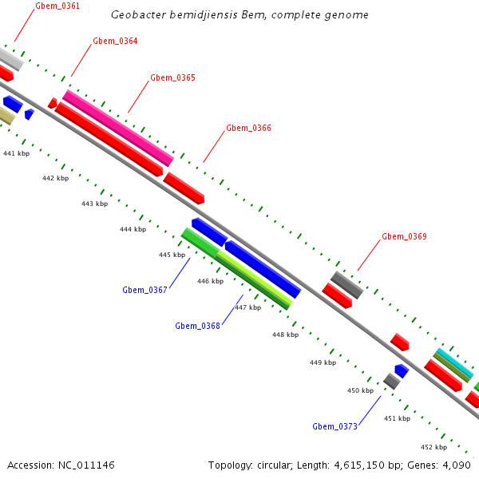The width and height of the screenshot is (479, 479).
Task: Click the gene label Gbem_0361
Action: pos(57,6)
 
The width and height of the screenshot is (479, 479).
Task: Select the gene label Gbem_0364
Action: pos(115,41)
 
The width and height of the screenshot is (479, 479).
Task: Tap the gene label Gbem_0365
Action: pos(172,77)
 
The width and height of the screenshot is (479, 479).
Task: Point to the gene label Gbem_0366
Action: pos(248,128)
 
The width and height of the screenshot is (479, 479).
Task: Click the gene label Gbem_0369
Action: pos(404,236)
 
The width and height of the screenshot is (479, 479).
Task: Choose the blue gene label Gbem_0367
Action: pos(144,290)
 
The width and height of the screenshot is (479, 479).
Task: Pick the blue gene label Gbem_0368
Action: pos(197,325)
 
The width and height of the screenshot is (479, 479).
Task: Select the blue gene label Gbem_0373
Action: pos(335,426)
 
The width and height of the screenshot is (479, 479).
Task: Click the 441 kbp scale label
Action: pos(17,152)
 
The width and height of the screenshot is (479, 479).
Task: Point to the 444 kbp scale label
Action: pos(133,229)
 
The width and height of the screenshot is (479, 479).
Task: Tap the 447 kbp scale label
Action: pos(247,307)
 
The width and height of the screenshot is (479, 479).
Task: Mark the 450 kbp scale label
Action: pos(360,390)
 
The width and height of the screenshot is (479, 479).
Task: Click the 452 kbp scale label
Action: pos(433,447)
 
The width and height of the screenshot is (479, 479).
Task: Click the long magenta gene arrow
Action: pos(117,128)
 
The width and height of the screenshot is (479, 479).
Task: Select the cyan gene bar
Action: pos(453,363)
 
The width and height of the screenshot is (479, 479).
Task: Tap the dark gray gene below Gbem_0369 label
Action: pos(347,285)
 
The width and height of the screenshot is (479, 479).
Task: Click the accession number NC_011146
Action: pos(85,465)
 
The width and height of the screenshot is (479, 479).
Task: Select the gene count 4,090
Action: pos(457,465)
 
